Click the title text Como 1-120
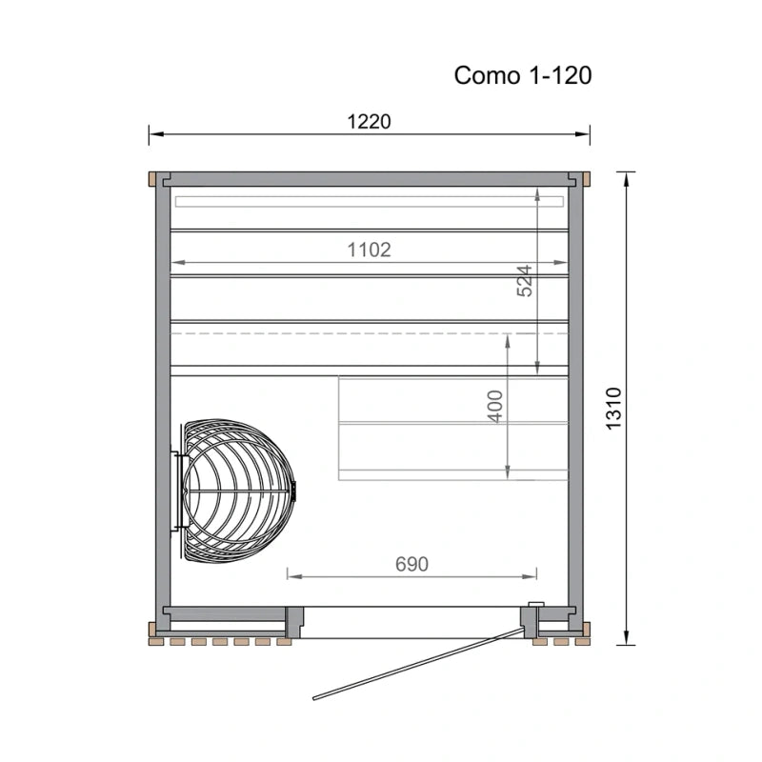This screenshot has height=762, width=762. point(522,76)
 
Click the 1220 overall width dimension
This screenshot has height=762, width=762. point(369,122)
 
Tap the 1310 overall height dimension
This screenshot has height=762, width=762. point(613,409)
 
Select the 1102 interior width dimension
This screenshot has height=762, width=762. point(369,250)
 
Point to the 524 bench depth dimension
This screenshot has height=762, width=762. point(525,281)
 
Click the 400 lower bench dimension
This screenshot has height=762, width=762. point(494,407)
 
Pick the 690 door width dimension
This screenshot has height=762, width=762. point(411,564)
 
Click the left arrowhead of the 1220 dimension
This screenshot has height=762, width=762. point(155,134)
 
